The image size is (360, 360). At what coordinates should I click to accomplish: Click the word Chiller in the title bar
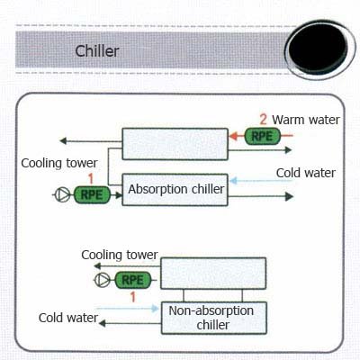98,50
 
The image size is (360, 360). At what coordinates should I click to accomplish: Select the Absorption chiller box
175,190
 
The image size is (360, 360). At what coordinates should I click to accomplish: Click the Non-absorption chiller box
213,317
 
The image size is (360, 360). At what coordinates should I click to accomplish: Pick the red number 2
263,119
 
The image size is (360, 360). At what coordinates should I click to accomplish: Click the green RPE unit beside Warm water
261,136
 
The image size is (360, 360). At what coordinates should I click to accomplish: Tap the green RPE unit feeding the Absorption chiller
91,193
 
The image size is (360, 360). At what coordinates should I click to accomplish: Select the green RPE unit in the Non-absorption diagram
131,280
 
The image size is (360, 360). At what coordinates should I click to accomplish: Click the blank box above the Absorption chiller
175,144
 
